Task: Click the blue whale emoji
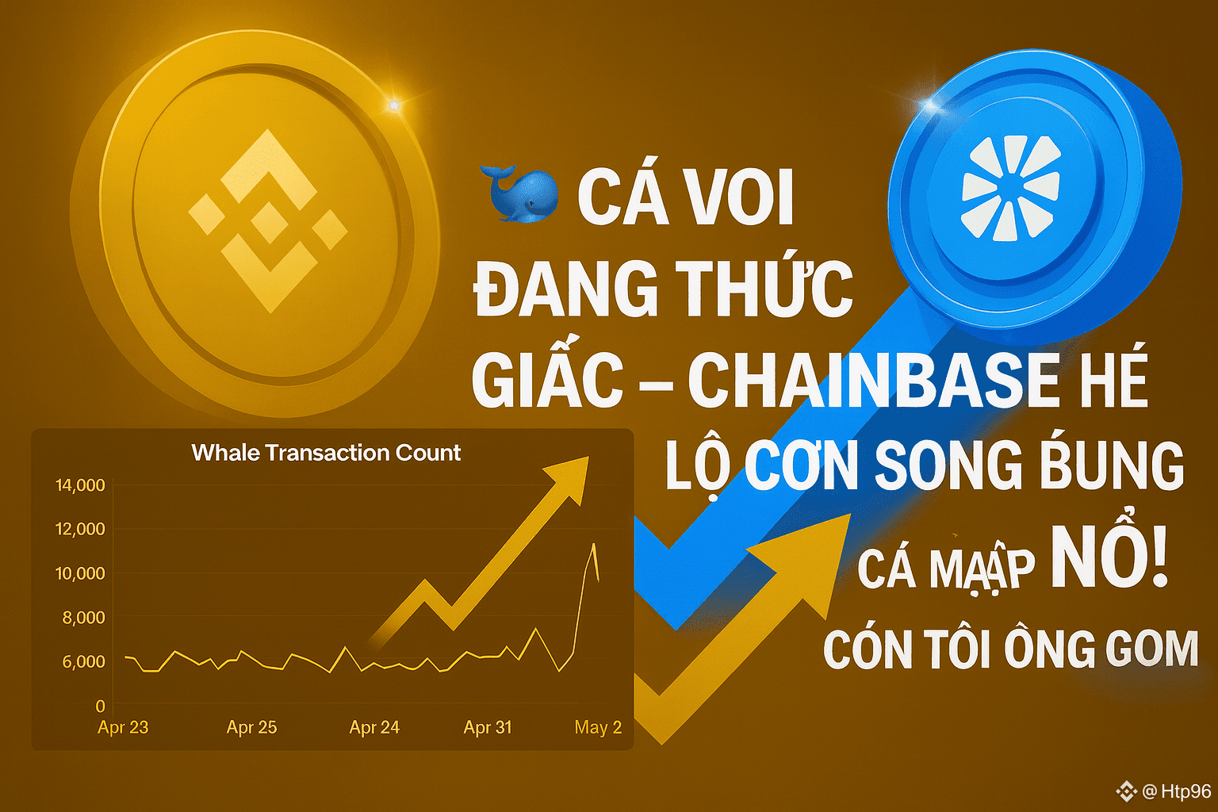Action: point(519,193)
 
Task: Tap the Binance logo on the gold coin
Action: point(268,220)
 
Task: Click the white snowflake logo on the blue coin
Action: point(1011,188)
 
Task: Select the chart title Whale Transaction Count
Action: point(326,453)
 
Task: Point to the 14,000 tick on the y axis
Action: point(80,485)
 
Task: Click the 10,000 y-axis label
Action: point(80,573)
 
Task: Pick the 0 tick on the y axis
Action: point(100,706)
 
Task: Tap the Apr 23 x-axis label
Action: point(123,727)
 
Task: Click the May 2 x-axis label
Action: point(598,727)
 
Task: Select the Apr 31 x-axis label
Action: point(488,727)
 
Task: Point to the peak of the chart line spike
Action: point(594,544)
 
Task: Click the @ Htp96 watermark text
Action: point(1177,791)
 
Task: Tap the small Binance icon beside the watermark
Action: point(1126,791)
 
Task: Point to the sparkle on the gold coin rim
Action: point(394,105)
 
